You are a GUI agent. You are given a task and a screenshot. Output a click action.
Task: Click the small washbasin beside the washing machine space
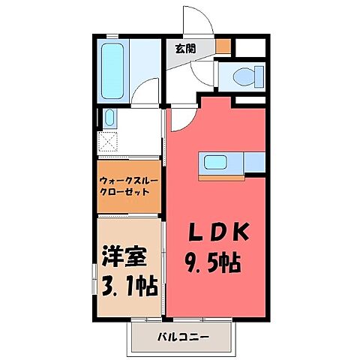[109, 118]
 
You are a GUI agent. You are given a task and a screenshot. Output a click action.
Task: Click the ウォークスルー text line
[128, 181]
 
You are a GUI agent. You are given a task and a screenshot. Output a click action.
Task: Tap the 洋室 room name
[122, 256]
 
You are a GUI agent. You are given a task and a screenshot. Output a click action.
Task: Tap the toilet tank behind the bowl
[258, 75]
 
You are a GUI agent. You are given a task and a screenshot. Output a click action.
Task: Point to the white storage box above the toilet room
[249, 47]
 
